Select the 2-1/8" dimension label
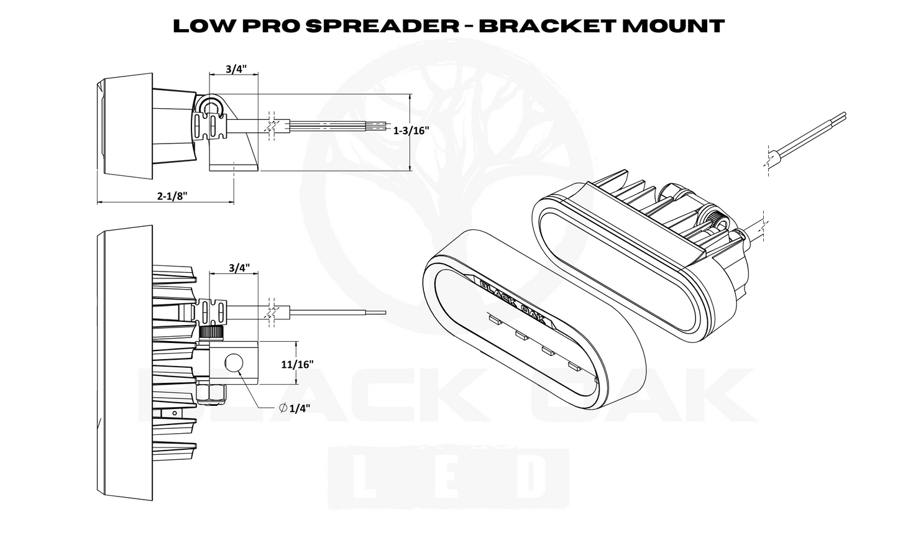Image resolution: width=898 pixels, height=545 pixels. pos(172,195)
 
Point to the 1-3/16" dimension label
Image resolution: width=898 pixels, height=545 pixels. pos(411,131)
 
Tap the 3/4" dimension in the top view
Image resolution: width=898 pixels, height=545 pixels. pos(234,69)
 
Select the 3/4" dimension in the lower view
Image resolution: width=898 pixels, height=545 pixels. pos(239,268)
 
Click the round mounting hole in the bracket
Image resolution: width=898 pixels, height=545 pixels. pos(234,362)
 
